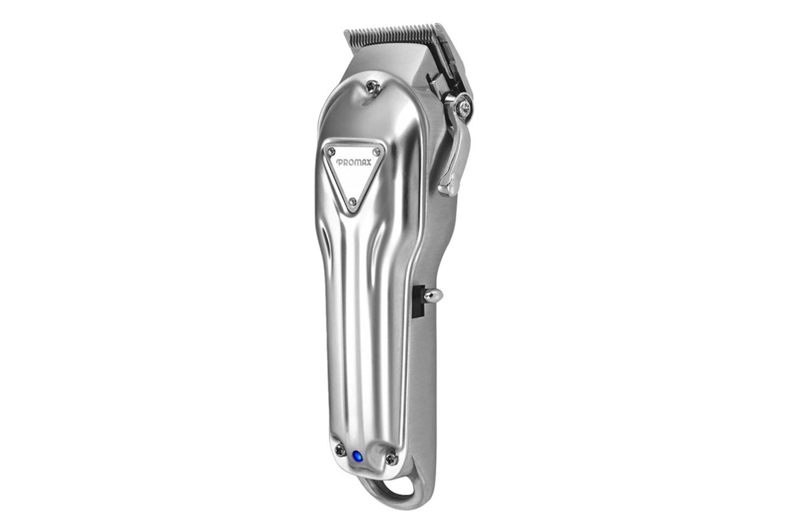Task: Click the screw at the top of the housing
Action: (370, 86)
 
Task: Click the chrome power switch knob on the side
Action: (435, 296)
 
